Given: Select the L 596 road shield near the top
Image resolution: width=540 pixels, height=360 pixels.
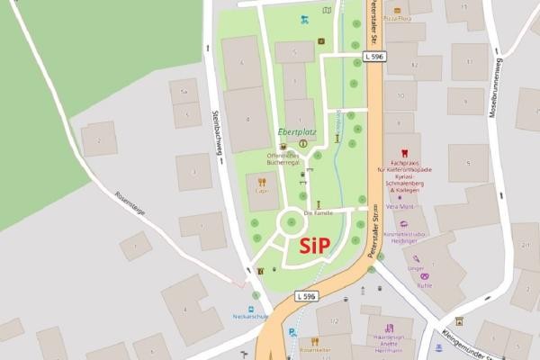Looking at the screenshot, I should pos(377,57).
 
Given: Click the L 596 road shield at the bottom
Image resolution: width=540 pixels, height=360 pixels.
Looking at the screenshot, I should pos(307,295).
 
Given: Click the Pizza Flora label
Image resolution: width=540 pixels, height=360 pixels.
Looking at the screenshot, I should pos(397,17).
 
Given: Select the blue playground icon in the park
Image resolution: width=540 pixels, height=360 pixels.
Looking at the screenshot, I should pos(304,19).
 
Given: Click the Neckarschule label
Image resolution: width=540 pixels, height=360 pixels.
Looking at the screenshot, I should pos(251,316).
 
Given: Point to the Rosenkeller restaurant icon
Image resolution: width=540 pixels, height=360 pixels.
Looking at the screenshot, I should pos(314,341).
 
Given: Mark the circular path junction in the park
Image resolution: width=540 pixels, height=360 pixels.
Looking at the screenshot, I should pos(293,221).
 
